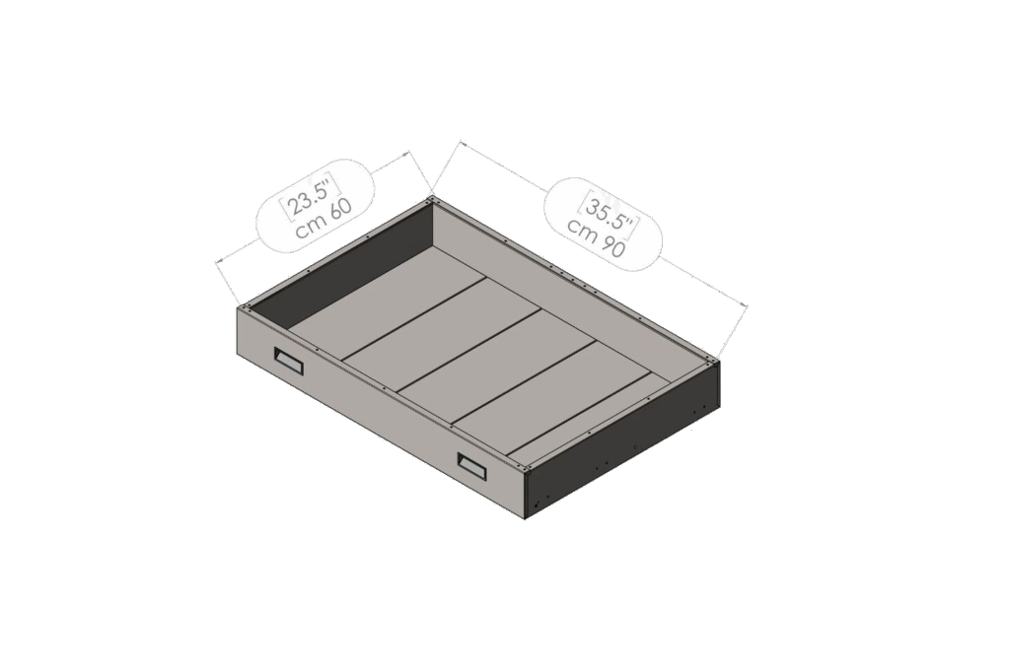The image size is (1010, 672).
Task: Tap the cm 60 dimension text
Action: pos(324,220)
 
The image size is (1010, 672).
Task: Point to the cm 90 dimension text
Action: pos(596,237)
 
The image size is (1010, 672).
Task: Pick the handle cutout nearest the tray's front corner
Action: pos(472,467)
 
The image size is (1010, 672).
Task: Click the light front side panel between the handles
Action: pos(380,412)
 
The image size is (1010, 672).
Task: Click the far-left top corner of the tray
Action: pos(238,307)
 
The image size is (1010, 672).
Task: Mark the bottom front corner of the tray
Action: pos(525,519)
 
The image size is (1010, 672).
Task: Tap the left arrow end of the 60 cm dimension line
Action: pos(216,261)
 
